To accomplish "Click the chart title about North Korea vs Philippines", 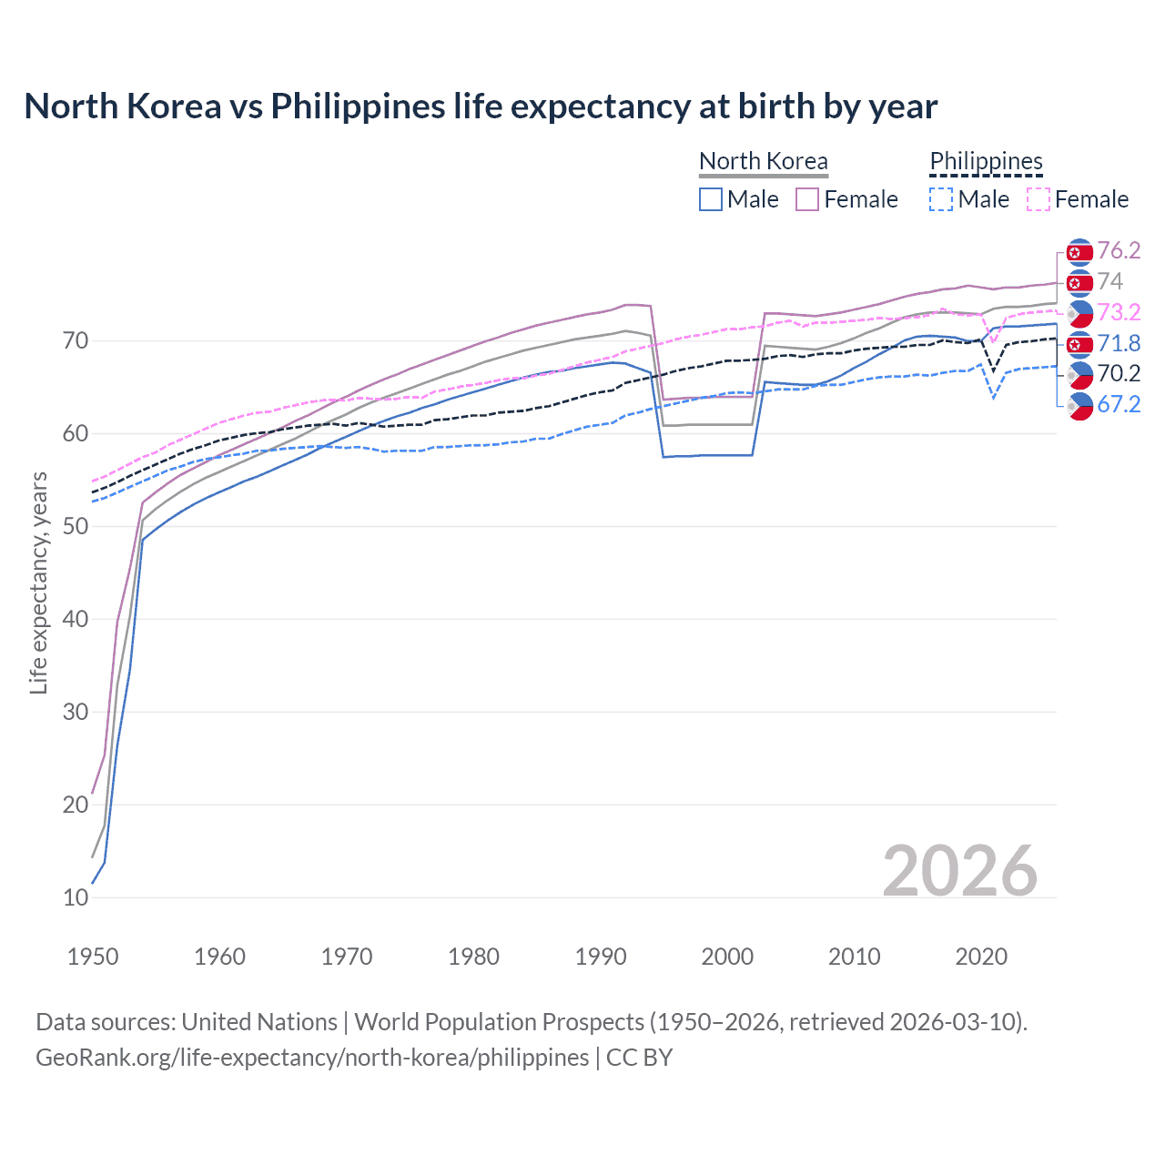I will pyautogui.click(x=481, y=106).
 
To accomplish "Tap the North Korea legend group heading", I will pyautogui.click(x=763, y=161).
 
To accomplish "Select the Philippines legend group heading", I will pyautogui.click(x=986, y=161).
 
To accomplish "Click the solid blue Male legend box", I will pyautogui.click(x=711, y=199).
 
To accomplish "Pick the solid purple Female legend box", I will pyautogui.click(x=807, y=199).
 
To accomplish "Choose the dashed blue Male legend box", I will pyautogui.click(x=941, y=199).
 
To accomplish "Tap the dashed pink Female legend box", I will pyautogui.click(x=1038, y=199).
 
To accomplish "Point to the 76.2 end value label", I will pyautogui.click(x=1119, y=250).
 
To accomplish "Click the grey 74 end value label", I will pyautogui.click(x=1109, y=281).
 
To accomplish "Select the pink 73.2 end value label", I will pyautogui.click(x=1119, y=312).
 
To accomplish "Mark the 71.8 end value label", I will pyautogui.click(x=1119, y=343).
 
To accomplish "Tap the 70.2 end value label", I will pyautogui.click(x=1119, y=373).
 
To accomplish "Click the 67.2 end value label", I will pyautogui.click(x=1119, y=404).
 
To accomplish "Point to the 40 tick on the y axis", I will pyautogui.click(x=76, y=619).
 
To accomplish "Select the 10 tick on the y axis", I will pyautogui.click(x=76, y=897).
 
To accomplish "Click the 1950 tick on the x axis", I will pyautogui.click(x=93, y=957).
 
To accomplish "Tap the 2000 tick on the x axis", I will pyautogui.click(x=727, y=957).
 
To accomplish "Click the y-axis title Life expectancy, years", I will pyautogui.click(x=38, y=582).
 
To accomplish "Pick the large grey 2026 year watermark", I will pyautogui.click(x=959, y=871).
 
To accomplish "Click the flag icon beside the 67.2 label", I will pyautogui.click(x=1079, y=406).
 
